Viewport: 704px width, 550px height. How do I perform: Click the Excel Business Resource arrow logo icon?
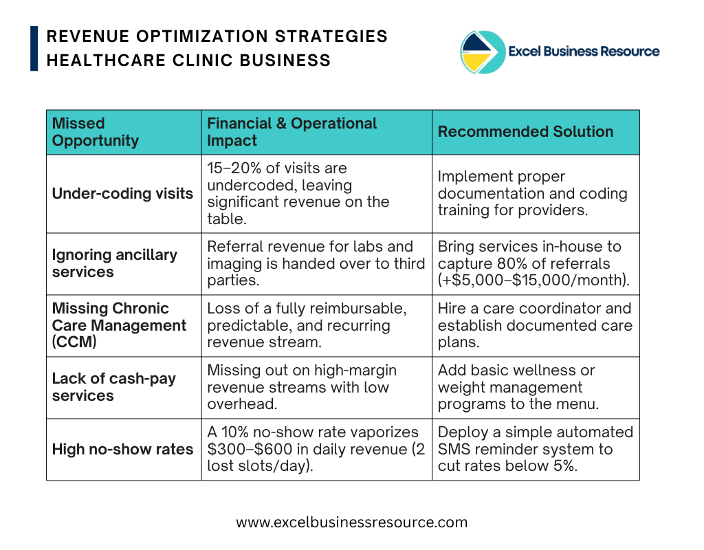point(483,52)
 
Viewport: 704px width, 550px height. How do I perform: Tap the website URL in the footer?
point(351,522)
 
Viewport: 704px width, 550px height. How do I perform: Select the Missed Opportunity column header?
point(95,131)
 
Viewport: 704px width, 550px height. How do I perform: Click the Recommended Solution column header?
point(525,131)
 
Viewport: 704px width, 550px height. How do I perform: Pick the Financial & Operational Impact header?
point(291,131)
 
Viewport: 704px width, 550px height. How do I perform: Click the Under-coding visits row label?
point(122,193)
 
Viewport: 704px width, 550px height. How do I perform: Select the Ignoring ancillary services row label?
point(115,263)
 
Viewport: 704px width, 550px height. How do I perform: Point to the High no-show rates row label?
point(122,449)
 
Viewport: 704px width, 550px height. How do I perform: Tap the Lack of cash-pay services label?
point(113,387)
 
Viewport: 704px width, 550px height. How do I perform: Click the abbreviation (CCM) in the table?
point(74,342)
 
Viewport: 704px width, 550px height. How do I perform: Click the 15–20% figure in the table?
point(234,168)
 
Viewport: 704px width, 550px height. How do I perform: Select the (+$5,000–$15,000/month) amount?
point(533,280)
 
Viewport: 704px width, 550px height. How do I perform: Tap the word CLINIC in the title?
point(203,60)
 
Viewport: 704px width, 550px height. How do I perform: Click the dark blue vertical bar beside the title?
point(34,49)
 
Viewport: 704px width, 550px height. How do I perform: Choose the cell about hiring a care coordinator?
point(536,325)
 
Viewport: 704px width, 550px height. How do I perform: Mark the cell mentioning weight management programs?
point(536,388)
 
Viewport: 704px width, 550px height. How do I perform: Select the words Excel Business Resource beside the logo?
point(584,51)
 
